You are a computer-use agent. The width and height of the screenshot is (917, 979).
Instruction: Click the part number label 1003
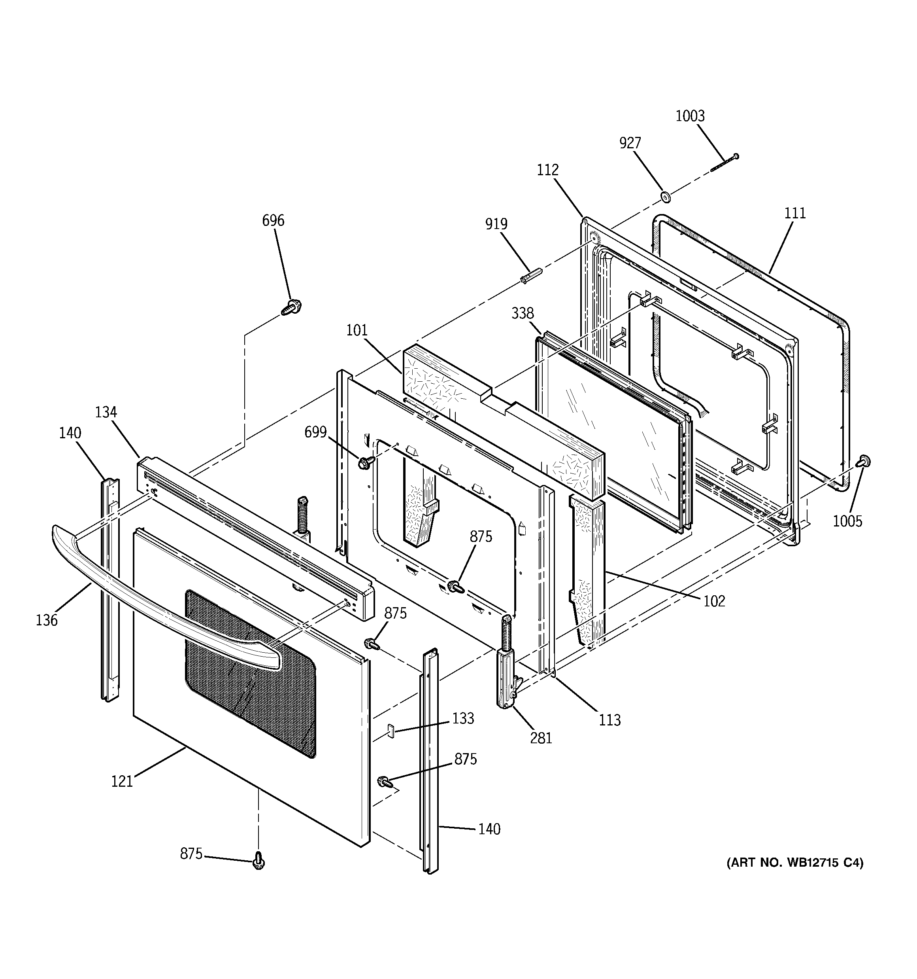coord(690,116)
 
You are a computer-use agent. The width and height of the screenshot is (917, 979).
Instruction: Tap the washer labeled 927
coord(666,197)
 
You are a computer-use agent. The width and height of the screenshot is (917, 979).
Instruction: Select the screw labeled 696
coord(292,308)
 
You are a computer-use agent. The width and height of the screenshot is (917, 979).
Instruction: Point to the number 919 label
coord(496,224)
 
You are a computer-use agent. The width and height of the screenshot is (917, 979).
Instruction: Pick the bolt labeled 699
coord(366,462)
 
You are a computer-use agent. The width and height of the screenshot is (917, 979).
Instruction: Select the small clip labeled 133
coord(391,731)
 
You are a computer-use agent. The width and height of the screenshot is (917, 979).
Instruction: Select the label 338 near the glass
coord(522,313)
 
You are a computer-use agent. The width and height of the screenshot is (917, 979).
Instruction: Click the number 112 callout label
coord(547,170)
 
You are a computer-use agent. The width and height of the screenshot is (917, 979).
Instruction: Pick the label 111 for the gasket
coord(794,213)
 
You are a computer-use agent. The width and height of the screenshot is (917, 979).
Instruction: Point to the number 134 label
coord(106,412)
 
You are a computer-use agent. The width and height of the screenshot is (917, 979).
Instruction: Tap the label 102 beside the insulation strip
coord(714,601)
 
